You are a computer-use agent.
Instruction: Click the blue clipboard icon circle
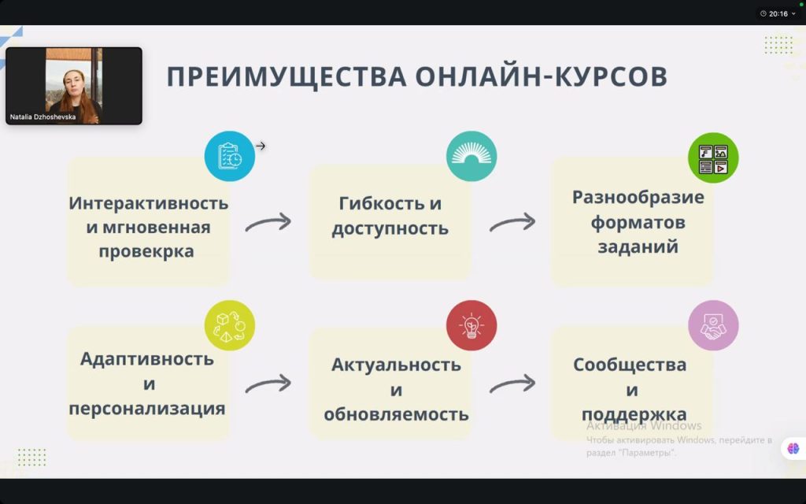pyautogui.click(x=230, y=156)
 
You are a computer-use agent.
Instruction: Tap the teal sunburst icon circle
pyautogui.click(x=471, y=156)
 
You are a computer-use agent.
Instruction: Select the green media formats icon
pyautogui.click(x=713, y=157)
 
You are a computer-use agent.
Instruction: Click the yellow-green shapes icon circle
pyautogui.click(x=230, y=325)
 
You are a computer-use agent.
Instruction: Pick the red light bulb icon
pyautogui.click(x=471, y=325)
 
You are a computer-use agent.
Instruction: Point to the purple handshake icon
pyautogui.click(x=713, y=325)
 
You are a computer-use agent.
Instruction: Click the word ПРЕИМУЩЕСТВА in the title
pyautogui.click(x=287, y=77)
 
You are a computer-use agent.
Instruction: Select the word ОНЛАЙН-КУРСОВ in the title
pyautogui.click(x=542, y=76)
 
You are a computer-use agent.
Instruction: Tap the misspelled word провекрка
pyautogui.click(x=146, y=251)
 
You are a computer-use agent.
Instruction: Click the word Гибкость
pyautogui.click(x=376, y=203)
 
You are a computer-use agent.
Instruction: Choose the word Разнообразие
pyautogui.click(x=638, y=198)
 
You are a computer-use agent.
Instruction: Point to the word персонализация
pyautogui.click(x=147, y=409)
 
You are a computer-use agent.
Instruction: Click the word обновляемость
pyautogui.click(x=397, y=414)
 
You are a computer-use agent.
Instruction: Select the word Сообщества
pyautogui.click(x=630, y=365)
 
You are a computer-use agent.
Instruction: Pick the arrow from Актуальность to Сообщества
pyautogui.click(x=512, y=384)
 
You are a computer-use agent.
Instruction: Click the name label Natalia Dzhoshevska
pyautogui.click(x=43, y=117)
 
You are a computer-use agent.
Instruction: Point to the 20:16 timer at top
pyautogui.click(x=778, y=14)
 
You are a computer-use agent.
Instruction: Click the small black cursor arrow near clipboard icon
pyautogui.click(x=261, y=146)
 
